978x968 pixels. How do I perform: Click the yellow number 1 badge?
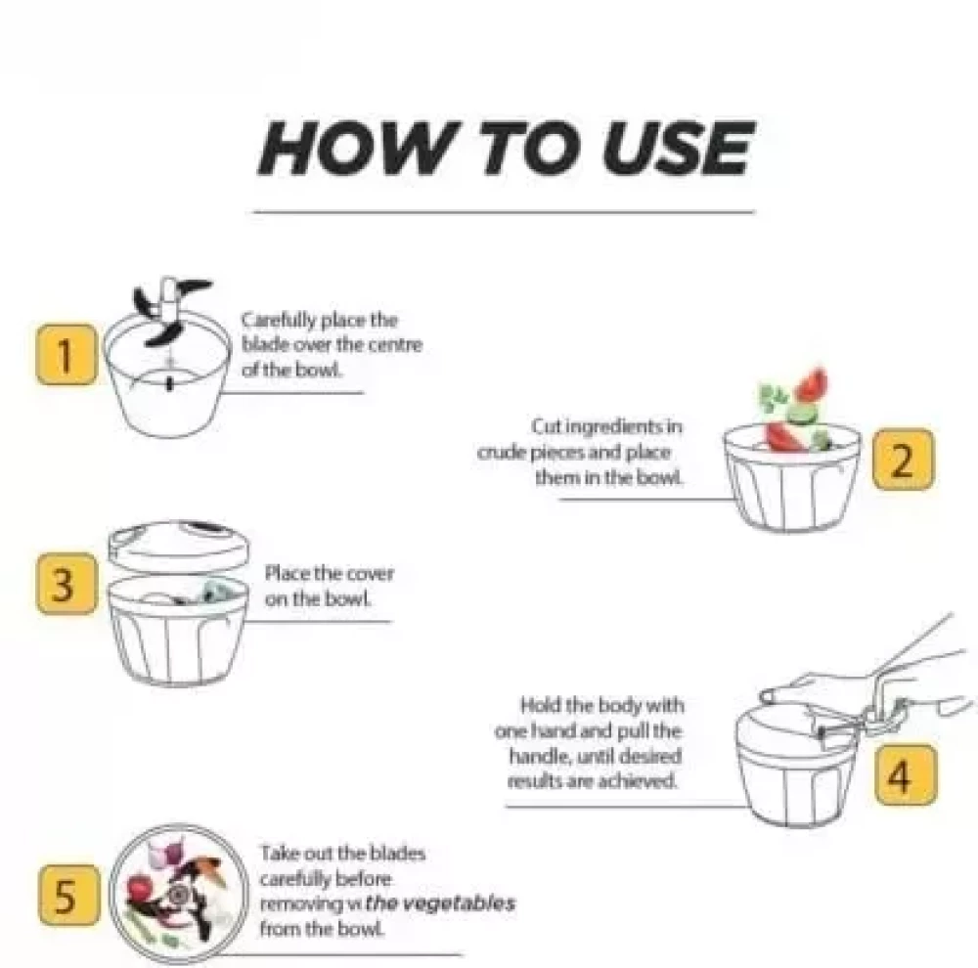pyautogui.click(x=67, y=354)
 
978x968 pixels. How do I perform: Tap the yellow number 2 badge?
pyautogui.click(x=903, y=460)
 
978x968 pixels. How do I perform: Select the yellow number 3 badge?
pyautogui.click(x=67, y=584)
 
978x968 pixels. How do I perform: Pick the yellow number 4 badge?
pyautogui.click(x=906, y=774)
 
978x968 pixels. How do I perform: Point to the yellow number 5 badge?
pyautogui.click(x=68, y=895)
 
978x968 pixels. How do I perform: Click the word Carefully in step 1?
pyautogui.click(x=279, y=321)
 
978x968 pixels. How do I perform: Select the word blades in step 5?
pyautogui.click(x=397, y=853)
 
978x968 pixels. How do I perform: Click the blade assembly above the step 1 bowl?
pyautogui.click(x=169, y=310)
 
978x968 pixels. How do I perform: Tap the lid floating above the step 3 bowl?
pyautogui.click(x=178, y=547)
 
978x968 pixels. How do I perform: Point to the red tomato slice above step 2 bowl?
pyautogui.click(x=811, y=384)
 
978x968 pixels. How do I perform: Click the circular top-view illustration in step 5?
pyautogui.click(x=178, y=894)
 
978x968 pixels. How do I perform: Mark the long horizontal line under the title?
pyautogui.click(x=504, y=212)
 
